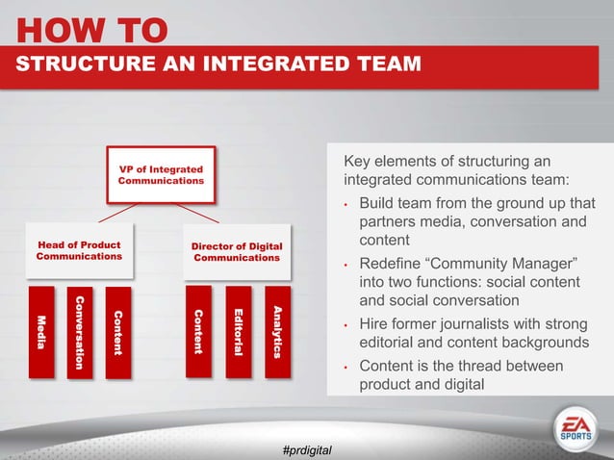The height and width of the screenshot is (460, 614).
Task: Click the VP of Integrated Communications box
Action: tap(161, 174)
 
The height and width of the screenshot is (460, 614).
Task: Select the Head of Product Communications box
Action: tap(79, 251)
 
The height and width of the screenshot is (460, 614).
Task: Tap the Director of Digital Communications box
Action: tap(237, 251)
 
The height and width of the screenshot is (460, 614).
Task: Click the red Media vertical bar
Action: tap(41, 331)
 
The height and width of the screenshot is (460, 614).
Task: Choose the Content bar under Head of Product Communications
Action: tap(117, 331)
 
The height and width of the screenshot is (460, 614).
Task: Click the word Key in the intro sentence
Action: tap(359, 160)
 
